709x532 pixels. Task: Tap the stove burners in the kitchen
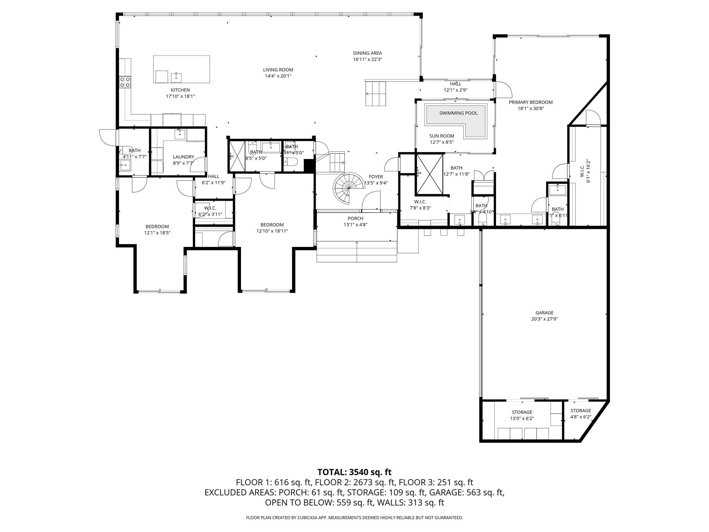(x=125, y=82)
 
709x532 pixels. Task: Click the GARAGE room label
(x=544, y=313)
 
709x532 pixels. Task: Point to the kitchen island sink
(x=176, y=77)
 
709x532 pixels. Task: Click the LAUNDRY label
(x=183, y=157)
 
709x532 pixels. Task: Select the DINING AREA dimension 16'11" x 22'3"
(x=367, y=59)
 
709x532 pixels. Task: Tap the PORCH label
(x=355, y=218)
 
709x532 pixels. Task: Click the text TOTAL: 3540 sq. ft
(x=354, y=472)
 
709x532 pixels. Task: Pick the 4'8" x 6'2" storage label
(x=581, y=417)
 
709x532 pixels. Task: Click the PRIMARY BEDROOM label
(x=530, y=102)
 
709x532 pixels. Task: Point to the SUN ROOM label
(x=442, y=136)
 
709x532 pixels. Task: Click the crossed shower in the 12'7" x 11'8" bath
(x=430, y=174)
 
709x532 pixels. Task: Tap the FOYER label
(x=376, y=177)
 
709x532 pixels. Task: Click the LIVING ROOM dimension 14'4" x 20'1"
(x=278, y=76)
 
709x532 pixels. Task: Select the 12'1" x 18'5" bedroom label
(x=157, y=227)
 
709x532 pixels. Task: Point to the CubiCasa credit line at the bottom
(x=354, y=518)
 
